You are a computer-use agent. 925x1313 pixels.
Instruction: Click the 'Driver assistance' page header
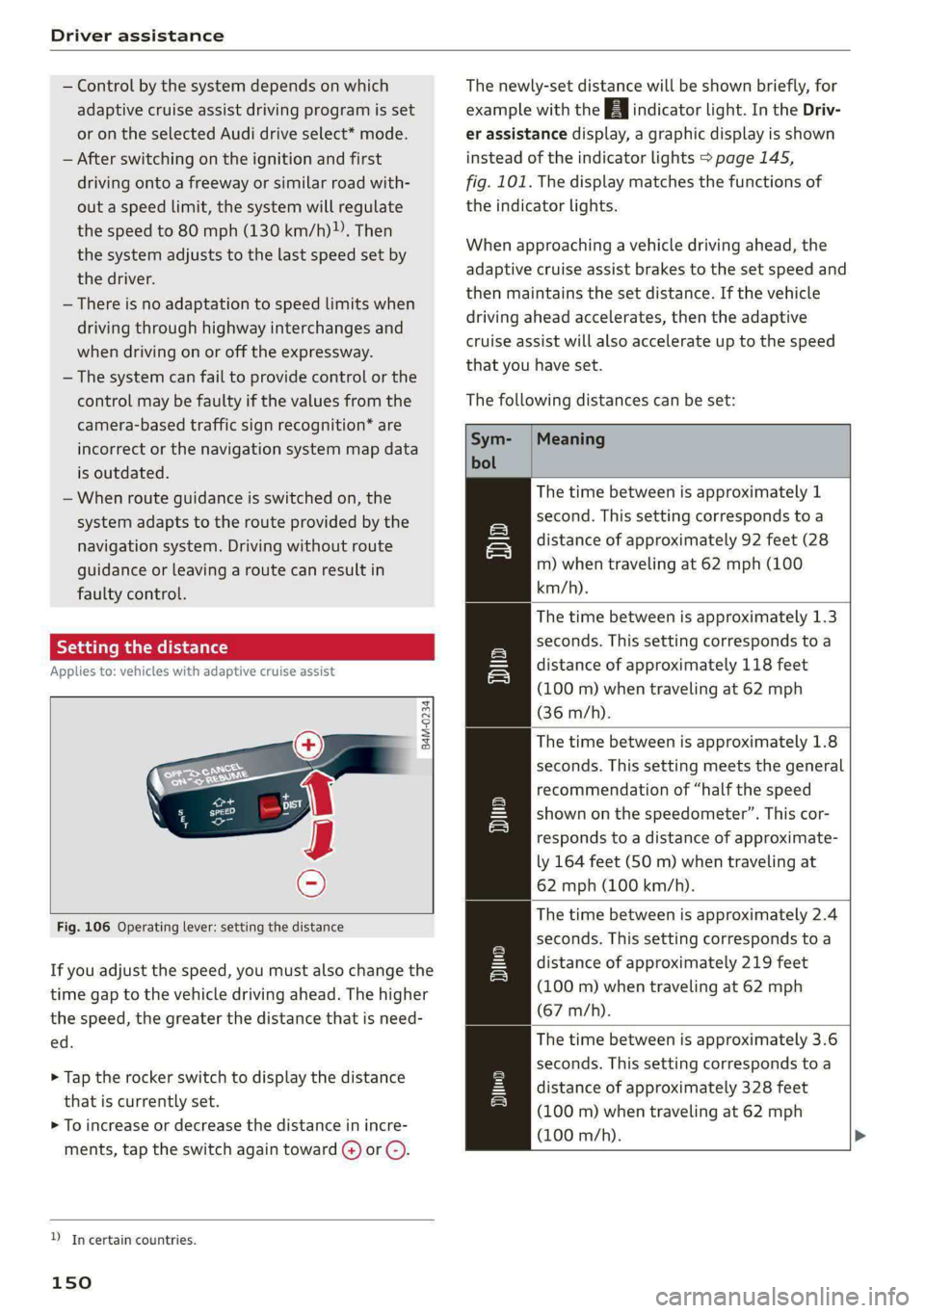pos(137,36)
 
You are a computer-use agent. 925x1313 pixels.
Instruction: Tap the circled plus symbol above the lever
pos(308,744)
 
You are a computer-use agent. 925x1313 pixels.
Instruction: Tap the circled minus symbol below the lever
pos(311,882)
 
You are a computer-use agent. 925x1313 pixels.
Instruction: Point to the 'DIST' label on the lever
pos(293,803)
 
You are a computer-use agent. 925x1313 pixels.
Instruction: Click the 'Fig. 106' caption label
pos(84,927)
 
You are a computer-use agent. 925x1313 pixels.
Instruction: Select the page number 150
pos(71,1282)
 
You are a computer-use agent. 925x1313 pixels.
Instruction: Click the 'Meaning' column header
pos(570,439)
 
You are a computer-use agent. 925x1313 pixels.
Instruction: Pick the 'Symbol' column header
pos(491,450)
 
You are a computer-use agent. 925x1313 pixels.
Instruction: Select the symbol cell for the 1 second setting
pos(498,539)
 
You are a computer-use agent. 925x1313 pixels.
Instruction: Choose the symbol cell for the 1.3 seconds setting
pos(498,665)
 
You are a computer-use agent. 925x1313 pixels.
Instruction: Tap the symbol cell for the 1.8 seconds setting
pos(498,814)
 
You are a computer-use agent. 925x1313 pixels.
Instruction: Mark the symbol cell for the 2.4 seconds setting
pos(498,962)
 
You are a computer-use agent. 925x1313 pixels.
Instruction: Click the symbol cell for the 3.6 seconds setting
pos(498,1088)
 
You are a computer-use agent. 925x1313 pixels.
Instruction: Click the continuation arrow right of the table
pos(860,1135)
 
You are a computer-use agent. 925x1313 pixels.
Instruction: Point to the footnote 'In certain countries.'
pos(134,1240)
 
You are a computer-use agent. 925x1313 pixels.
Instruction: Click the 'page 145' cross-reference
pos(754,158)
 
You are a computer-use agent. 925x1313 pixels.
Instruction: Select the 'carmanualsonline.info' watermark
pos(781,1297)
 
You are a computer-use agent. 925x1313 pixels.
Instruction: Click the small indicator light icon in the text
pos(617,109)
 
